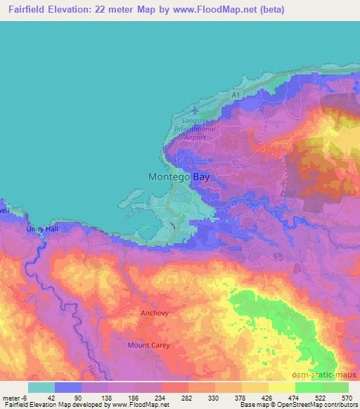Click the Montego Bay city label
point(179,178)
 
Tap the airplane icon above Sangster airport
point(196,110)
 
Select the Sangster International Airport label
point(194,129)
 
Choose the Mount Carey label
point(148,345)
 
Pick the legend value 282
point(188,397)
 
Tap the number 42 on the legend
point(54,397)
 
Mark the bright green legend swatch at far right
point(335,387)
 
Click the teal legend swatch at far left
point(41,387)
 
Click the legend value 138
point(108,397)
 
